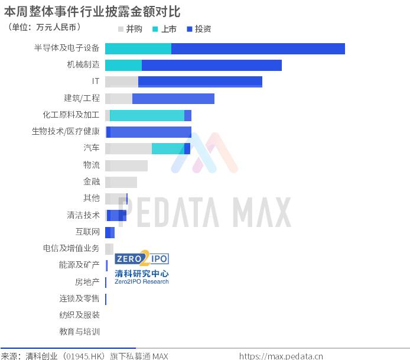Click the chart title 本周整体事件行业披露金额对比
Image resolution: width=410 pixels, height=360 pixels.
pyautogui.click(x=92, y=11)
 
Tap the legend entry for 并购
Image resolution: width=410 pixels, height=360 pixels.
pyautogui.click(x=130, y=29)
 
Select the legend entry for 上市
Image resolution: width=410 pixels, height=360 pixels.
pyautogui.click(x=164, y=29)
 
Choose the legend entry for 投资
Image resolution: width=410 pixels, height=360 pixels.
pyautogui.click(x=199, y=29)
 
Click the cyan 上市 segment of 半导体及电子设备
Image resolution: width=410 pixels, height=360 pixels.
pyautogui.click(x=138, y=48)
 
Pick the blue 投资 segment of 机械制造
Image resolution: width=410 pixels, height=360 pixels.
pyautogui.click(x=212, y=65)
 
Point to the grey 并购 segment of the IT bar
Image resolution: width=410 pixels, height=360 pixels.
pyautogui.click(x=122, y=82)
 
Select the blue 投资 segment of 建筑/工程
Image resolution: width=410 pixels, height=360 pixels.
pyautogui.click(x=173, y=99)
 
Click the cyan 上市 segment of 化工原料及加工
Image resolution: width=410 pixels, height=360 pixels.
pyautogui.click(x=147, y=115)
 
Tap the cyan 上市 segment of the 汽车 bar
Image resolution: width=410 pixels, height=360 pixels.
pyautogui.click(x=168, y=148)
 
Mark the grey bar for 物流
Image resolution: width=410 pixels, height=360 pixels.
pyautogui.click(x=126, y=166)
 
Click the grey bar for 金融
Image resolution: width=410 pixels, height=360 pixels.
pyautogui.click(x=121, y=182)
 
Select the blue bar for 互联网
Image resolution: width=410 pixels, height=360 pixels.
pyautogui.click(x=110, y=232)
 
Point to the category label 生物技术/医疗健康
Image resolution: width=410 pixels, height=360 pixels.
pyautogui.click(x=66, y=131)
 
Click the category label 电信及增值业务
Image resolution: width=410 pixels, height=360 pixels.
pyautogui.click(x=71, y=248)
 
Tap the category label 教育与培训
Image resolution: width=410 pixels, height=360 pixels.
pyautogui.click(x=80, y=332)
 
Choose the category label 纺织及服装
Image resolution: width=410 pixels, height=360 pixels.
pyautogui.click(x=80, y=314)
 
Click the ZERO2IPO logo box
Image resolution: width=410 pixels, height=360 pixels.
pyautogui.click(x=142, y=258)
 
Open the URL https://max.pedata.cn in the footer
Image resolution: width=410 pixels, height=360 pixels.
pyautogui.click(x=281, y=356)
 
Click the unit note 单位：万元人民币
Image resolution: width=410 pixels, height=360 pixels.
pyautogui.click(x=44, y=27)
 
